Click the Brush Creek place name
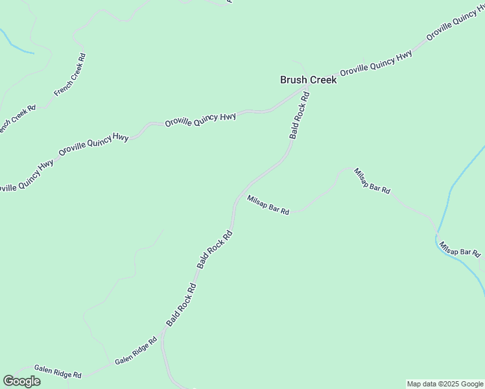point(308,80)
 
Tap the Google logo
point(21,381)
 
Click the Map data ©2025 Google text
point(445,384)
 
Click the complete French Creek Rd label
point(70,75)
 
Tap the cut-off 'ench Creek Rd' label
point(16,119)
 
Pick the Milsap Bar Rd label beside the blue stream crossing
point(460,248)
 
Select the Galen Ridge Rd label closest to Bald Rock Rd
point(136,351)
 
